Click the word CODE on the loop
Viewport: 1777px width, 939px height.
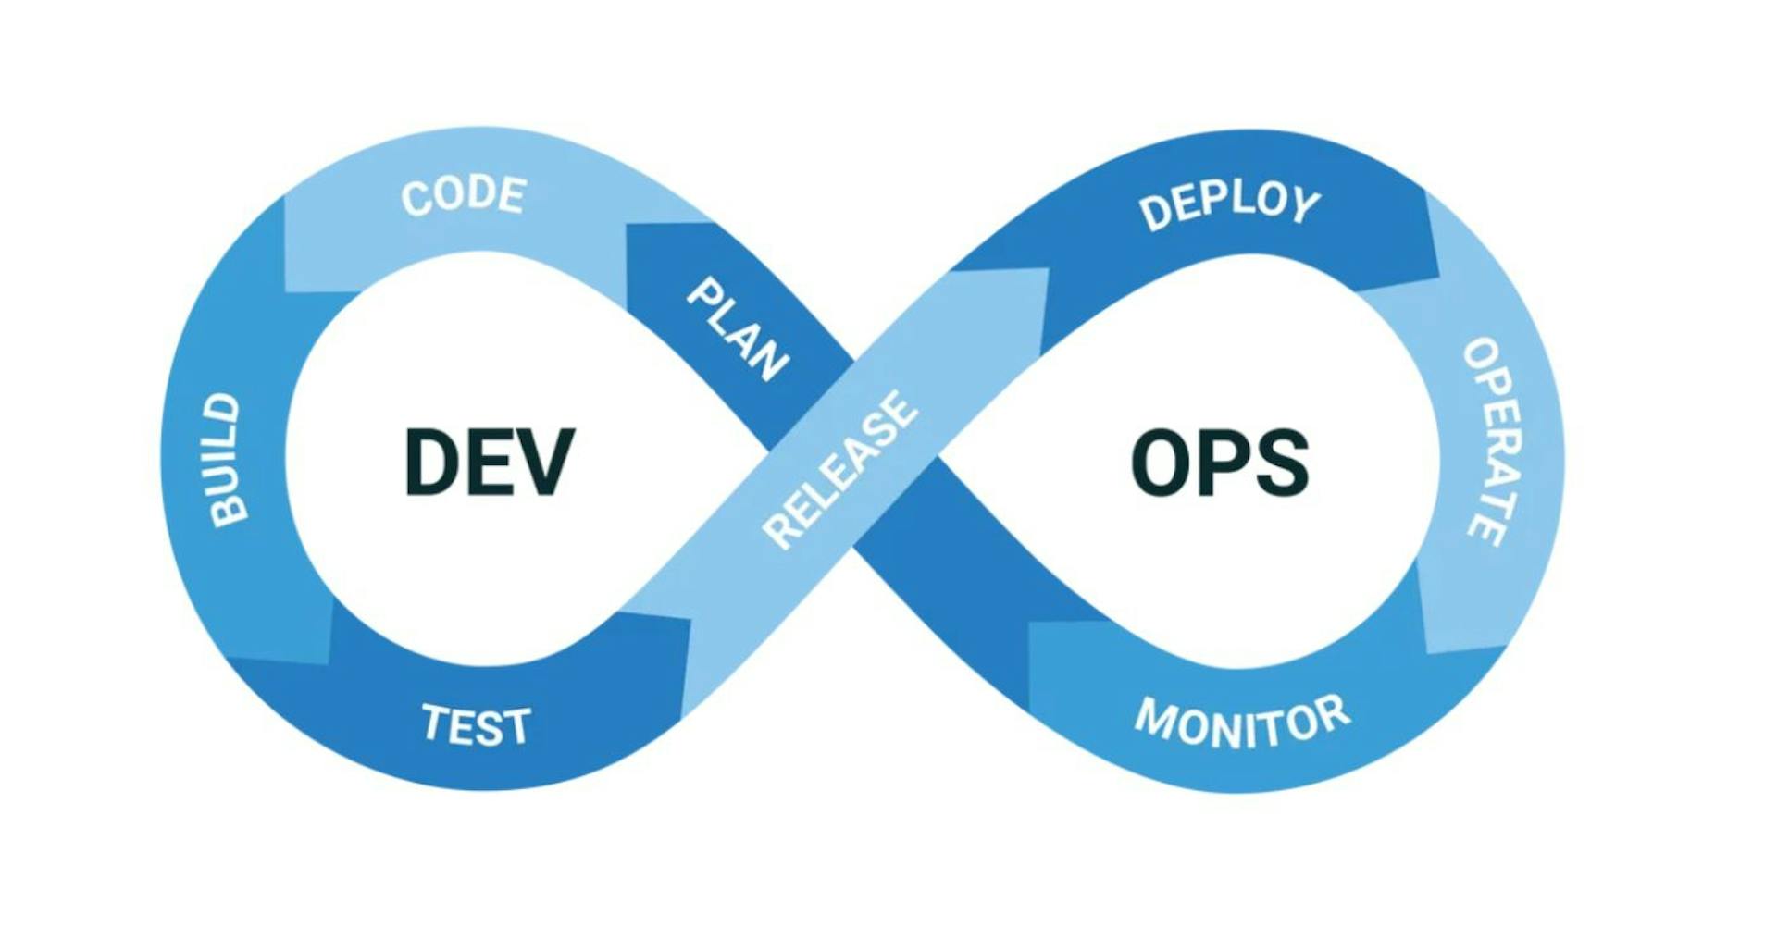464,195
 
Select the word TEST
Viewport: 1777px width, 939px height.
477,725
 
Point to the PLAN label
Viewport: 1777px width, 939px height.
738,329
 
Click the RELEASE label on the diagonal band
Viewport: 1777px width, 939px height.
840,469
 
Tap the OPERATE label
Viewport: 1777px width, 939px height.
1493,440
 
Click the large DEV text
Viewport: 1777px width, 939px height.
490,462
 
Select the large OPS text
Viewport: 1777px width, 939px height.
1220,462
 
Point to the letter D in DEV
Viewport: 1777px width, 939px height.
432,462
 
